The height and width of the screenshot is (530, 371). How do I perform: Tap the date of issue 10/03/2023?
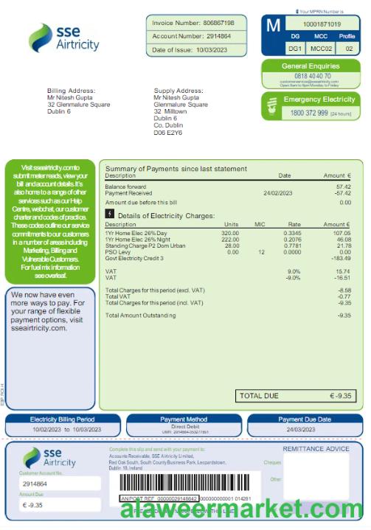click(211, 49)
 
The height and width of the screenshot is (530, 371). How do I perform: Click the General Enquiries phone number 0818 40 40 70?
click(312, 76)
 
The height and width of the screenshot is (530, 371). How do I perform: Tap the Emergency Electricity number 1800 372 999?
click(309, 113)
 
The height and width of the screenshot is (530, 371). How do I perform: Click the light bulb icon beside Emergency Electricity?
click(273, 108)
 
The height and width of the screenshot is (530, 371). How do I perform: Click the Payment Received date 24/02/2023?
click(277, 192)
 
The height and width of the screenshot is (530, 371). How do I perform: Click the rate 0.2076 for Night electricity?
click(292, 239)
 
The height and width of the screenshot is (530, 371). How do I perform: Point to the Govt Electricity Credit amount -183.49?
click(340, 258)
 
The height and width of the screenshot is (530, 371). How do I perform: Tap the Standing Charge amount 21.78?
click(343, 245)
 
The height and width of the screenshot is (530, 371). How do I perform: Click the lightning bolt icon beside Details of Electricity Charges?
click(110, 215)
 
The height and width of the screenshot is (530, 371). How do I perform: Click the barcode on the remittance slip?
click(188, 483)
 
